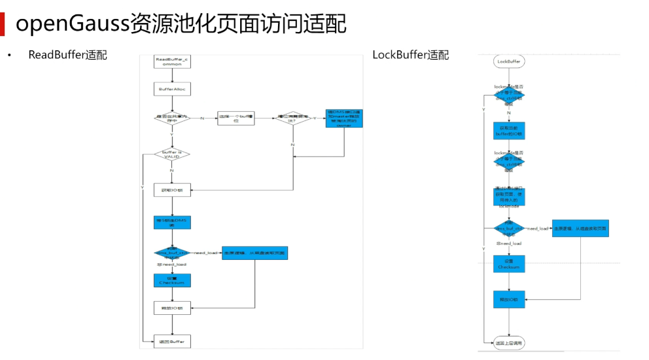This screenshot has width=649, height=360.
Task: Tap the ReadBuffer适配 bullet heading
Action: (x=67, y=55)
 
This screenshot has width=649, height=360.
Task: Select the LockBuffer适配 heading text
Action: (x=411, y=55)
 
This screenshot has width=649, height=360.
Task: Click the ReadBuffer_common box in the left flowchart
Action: (x=172, y=62)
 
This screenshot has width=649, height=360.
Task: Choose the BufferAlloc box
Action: (x=172, y=88)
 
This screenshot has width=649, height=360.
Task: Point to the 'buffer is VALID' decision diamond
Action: (x=172, y=154)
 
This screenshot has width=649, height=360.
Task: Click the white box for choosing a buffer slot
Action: (x=236, y=119)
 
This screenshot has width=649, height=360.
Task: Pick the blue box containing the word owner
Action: (x=344, y=118)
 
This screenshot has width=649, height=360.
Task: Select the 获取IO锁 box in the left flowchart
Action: (x=172, y=190)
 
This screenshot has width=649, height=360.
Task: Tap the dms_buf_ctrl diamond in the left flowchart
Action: (x=172, y=253)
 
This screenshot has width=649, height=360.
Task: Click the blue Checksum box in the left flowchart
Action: (x=172, y=280)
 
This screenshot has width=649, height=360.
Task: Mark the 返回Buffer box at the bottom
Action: (x=172, y=342)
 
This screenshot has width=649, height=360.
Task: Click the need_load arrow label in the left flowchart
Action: (x=205, y=253)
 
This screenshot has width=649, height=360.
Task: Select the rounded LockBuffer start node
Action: (x=509, y=62)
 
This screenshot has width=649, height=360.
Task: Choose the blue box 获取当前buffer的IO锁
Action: (x=509, y=131)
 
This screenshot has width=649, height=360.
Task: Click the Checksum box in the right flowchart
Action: (x=509, y=264)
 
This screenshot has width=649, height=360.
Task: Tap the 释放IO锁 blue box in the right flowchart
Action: (x=509, y=300)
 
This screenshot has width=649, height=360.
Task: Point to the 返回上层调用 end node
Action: (x=509, y=342)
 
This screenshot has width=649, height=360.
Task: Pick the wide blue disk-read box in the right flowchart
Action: (x=580, y=228)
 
